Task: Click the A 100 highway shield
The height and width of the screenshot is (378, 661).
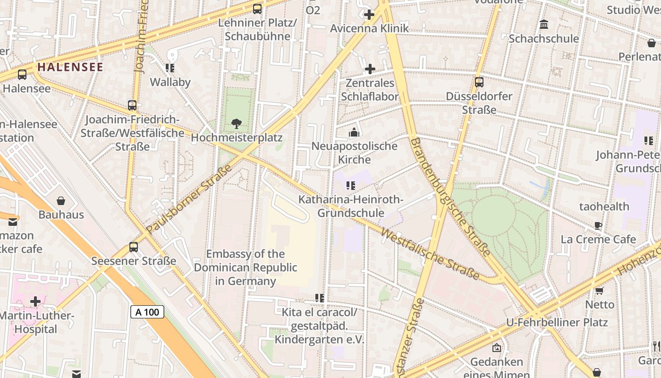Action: [x=147, y=312]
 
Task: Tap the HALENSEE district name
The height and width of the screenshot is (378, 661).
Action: [x=70, y=67]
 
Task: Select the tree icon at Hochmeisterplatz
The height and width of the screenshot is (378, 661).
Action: [x=237, y=124]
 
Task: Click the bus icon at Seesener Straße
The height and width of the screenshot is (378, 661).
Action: [x=134, y=247]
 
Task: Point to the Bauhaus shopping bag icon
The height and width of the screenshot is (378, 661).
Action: [x=61, y=201]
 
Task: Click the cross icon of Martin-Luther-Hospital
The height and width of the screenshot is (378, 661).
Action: [x=35, y=301]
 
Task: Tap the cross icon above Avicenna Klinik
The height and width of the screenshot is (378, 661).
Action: [x=369, y=15]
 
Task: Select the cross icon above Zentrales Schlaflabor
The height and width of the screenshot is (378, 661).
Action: [x=370, y=69]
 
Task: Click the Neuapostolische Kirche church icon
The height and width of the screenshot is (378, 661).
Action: [x=354, y=133]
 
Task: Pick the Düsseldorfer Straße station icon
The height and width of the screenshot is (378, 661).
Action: [x=479, y=82]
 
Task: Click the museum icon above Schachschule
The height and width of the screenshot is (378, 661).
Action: [x=544, y=25]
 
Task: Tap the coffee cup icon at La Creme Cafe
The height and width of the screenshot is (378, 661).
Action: [x=598, y=226]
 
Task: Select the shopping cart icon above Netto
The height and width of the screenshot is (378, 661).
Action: [x=600, y=291]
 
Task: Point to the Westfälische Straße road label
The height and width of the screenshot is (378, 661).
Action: [x=430, y=254]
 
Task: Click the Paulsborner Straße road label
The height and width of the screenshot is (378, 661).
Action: [x=189, y=199]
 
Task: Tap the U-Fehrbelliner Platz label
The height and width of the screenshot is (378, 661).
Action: [x=557, y=323]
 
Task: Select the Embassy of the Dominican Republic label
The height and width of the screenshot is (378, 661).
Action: [x=246, y=267]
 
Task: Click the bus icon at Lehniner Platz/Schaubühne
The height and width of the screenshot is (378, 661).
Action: [x=257, y=9]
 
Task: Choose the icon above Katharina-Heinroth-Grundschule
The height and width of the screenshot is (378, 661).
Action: [x=350, y=186]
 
